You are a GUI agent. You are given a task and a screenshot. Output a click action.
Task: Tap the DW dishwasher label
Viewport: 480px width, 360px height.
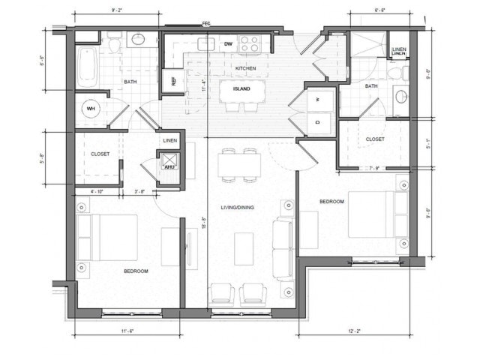click(x=227, y=44)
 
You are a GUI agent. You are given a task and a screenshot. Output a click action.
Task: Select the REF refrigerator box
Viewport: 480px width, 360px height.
click(x=172, y=80)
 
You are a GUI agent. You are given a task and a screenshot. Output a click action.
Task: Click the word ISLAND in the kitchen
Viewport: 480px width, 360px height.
click(x=241, y=88)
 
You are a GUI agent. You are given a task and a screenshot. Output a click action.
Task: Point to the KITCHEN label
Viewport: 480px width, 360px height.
click(x=245, y=68)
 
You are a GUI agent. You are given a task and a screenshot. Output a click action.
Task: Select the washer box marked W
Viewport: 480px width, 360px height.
click(x=318, y=100)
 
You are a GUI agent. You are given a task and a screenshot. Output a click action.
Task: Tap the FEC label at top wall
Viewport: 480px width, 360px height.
click(x=206, y=24)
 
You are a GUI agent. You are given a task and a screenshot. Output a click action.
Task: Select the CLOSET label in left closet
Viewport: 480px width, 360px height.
click(x=100, y=154)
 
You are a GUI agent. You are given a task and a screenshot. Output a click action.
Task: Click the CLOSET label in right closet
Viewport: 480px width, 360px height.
click(x=375, y=139)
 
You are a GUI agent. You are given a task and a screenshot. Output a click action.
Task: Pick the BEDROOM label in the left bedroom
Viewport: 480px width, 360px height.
click(x=136, y=270)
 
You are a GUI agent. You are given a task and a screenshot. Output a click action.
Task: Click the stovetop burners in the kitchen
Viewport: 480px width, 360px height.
click(x=248, y=44)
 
